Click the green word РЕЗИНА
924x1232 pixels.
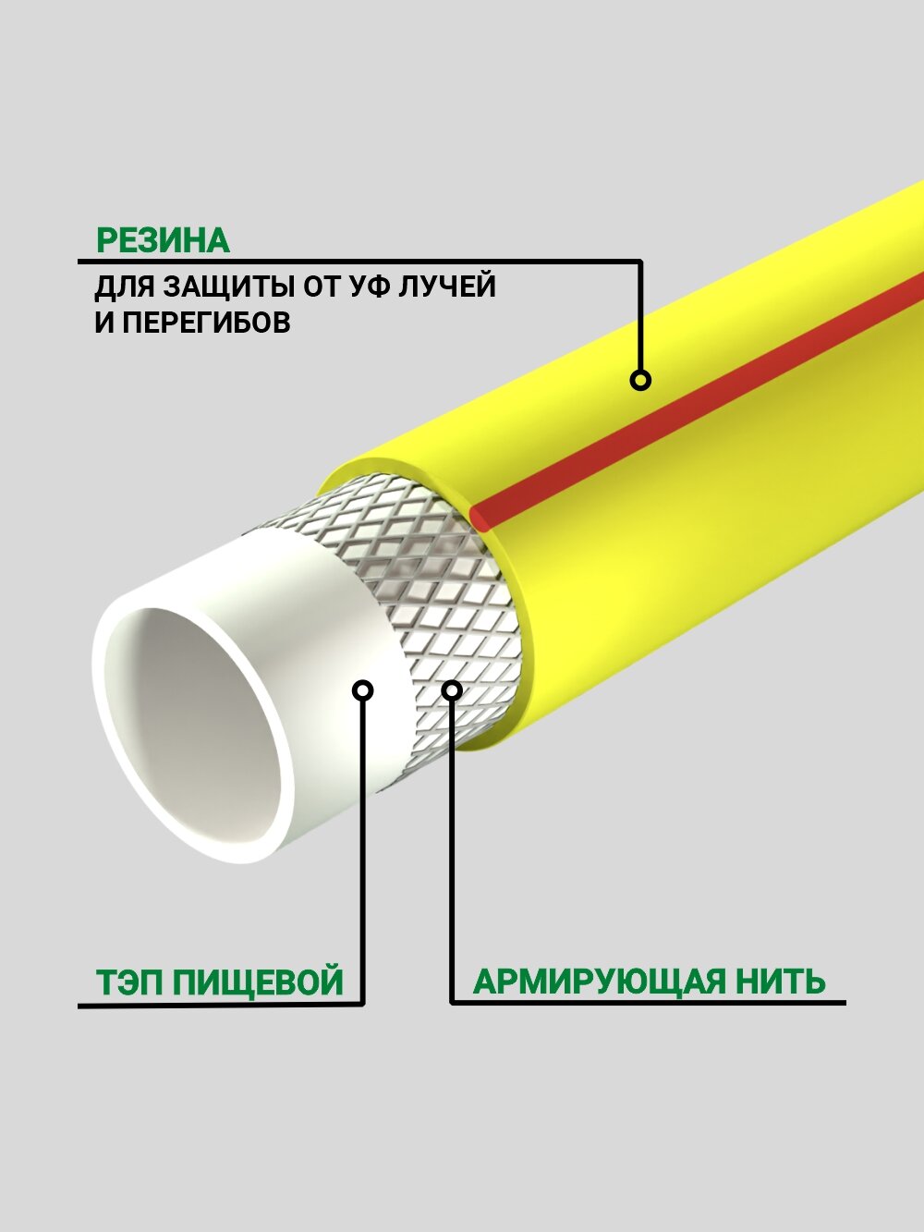(163, 241)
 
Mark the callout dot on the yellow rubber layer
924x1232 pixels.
(640, 380)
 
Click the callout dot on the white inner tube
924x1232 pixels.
(364, 689)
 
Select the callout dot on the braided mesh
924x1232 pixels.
(452, 689)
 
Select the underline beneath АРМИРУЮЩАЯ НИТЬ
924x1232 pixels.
(647, 1002)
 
